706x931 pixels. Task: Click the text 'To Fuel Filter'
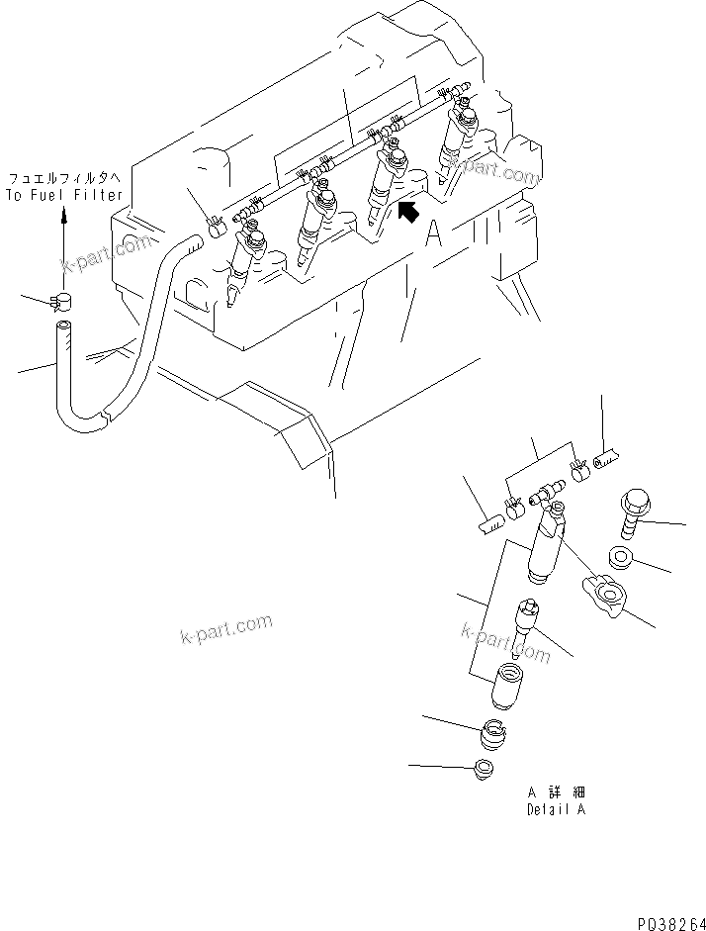click(65, 196)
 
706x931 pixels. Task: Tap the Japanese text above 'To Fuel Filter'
click(65, 179)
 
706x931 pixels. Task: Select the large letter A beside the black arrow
click(433, 233)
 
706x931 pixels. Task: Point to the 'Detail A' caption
click(556, 808)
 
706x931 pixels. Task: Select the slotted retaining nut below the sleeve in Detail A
click(491, 737)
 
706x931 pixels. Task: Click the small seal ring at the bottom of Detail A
click(485, 769)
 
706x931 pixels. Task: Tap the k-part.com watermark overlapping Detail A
click(506, 641)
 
